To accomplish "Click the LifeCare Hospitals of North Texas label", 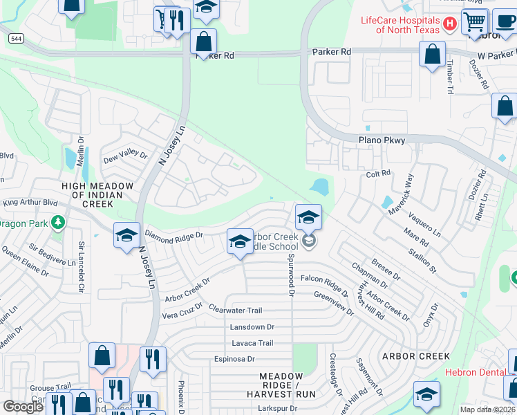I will pos(401,24).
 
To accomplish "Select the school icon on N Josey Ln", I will pos(127,236).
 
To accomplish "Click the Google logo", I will pos(23,407).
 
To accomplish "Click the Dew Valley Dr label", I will pos(125,156).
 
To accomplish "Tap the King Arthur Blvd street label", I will pos(30,203).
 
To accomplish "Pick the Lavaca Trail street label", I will pos(247,343).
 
